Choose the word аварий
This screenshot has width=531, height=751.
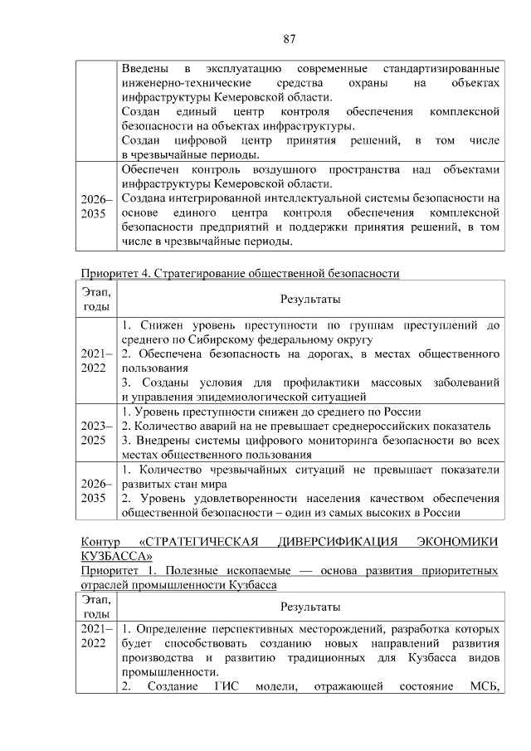coord(210,427)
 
